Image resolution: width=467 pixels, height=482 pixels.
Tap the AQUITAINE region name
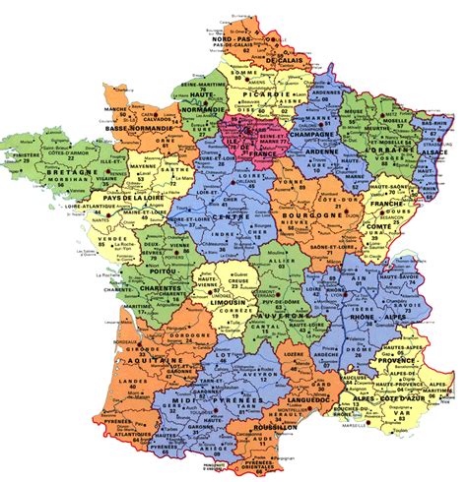(x=155, y=362)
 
